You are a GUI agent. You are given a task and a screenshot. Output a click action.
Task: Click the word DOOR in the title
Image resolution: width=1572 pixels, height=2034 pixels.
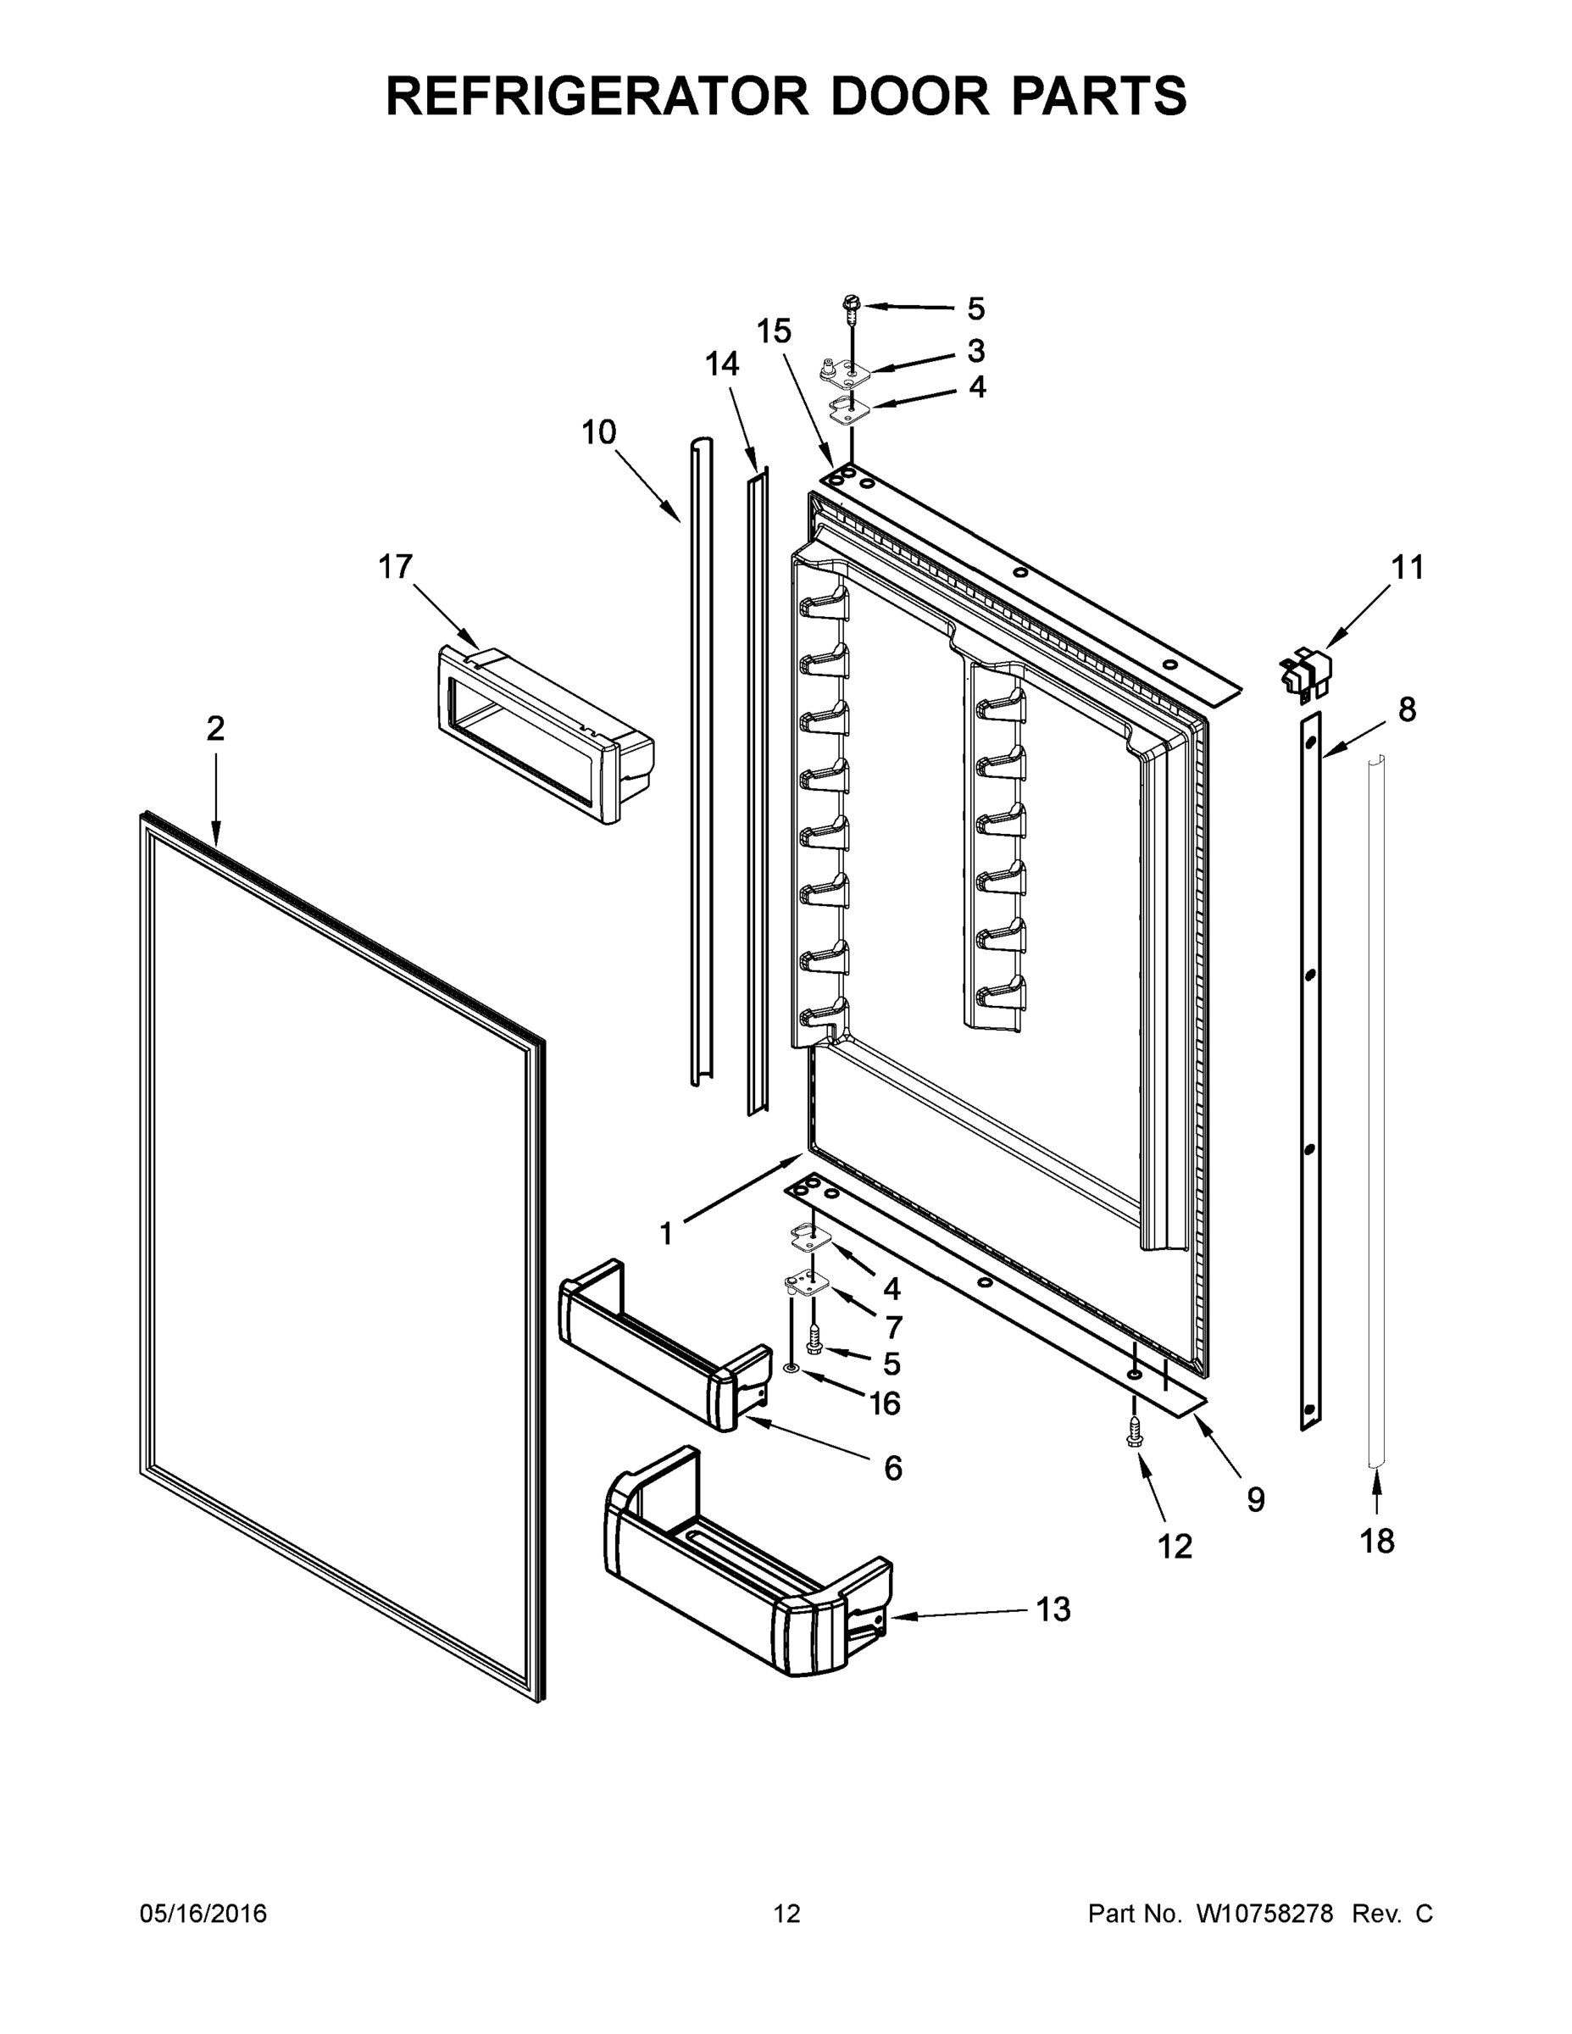(911, 96)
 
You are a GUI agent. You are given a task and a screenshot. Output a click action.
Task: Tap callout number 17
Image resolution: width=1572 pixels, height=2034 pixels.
(395, 566)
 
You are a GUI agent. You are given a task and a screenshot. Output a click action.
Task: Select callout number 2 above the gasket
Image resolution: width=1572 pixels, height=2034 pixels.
(215, 728)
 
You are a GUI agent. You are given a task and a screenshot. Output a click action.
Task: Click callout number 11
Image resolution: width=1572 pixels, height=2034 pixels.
(1407, 567)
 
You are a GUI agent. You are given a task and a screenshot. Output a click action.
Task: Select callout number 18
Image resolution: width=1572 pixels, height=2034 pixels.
(1376, 1542)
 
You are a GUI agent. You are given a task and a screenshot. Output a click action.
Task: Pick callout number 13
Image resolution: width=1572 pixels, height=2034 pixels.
(1053, 1609)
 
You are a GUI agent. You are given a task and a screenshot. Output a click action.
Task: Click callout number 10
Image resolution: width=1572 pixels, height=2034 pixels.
(599, 432)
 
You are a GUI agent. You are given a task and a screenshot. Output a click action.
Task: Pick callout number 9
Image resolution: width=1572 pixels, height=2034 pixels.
(1255, 1499)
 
